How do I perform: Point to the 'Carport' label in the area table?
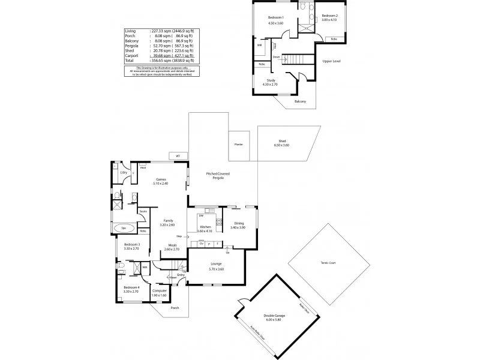point(131,56)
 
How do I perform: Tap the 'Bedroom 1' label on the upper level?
point(275,18)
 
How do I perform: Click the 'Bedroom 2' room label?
point(329,16)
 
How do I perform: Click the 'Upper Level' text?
point(332,61)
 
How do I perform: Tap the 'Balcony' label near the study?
point(300,101)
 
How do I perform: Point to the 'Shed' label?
point(281,142)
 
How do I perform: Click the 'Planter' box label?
point(239,145)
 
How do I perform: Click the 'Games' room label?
point(160,179)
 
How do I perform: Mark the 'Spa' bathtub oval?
point(125,229)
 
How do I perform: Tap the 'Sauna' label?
point(143,212)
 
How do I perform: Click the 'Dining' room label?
point(238,224)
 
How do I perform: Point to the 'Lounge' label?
point(216,263)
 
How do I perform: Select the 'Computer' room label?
point(160,291)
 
